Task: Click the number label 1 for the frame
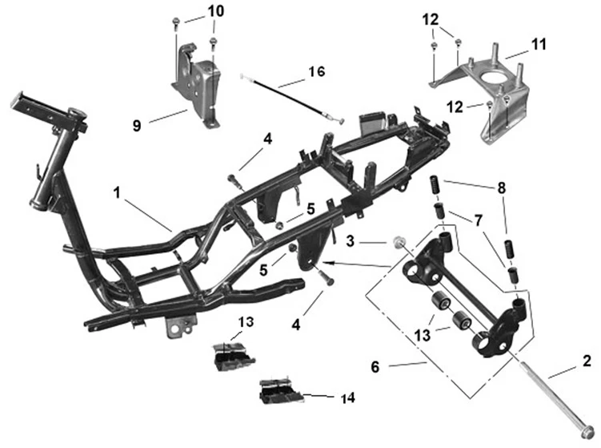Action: (117, 193)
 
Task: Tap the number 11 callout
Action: (538, 45)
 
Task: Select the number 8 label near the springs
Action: (502, 189)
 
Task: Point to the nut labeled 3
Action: (398, 241)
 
